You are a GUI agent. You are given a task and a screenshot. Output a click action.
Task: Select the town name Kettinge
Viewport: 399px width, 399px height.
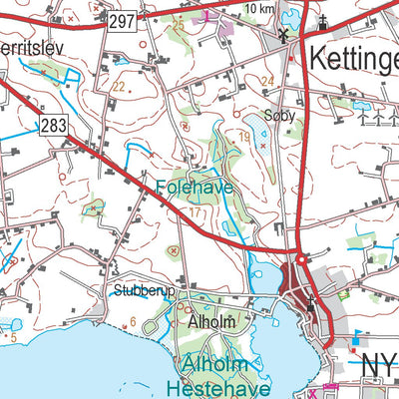click(353, 56)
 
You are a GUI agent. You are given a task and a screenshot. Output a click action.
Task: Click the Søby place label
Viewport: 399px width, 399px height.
click(280, 115)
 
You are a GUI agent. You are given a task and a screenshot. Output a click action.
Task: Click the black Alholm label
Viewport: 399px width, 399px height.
click(208, 323)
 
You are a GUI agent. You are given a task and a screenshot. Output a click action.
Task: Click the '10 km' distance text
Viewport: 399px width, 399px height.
click(258, 9)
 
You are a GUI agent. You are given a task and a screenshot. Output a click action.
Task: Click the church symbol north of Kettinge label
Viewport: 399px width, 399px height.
click(323, 23)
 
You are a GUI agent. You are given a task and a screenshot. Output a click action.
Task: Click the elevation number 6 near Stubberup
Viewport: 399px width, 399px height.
click(132, 321)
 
